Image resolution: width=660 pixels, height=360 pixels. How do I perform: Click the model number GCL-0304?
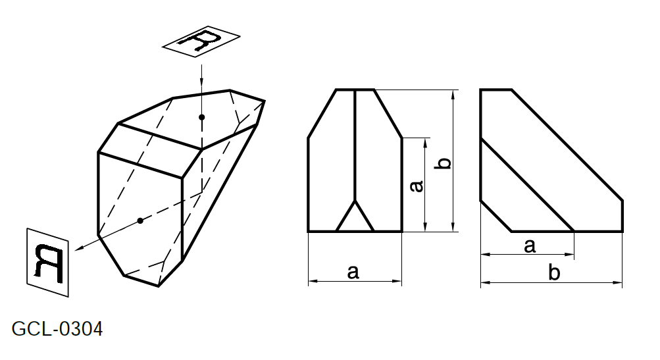click(57, 329)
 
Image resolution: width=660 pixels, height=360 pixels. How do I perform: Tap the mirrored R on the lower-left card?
click(49, 263)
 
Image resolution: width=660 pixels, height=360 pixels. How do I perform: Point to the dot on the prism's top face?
click(202, 117)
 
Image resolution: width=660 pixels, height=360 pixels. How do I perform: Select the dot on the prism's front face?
click(141, 220)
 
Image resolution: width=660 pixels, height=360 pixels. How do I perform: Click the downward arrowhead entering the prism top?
click(202, 84)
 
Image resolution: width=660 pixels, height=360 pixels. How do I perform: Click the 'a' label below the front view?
click(353, 272)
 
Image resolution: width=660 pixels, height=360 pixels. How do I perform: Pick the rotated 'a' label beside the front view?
click(417, 186)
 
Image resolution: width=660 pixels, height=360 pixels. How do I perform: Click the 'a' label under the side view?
click(530, 246)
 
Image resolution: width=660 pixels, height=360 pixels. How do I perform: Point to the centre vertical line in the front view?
click(355, 145)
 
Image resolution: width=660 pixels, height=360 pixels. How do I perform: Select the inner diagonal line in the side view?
click(528, 185)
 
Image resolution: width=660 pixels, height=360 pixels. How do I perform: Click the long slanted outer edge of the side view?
click(567, 145)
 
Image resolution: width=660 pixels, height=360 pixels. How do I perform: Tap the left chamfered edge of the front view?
click(322, 114)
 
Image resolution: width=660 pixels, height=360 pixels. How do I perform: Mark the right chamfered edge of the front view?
click(388, 114)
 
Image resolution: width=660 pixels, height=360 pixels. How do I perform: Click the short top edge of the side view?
click(496, 90)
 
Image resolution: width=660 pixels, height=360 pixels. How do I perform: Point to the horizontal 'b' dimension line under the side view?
click(551, 282)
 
